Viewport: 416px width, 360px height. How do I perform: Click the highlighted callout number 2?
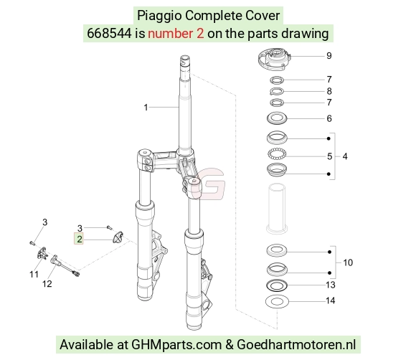(80, 240)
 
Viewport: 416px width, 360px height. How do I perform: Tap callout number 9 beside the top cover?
(329, 56)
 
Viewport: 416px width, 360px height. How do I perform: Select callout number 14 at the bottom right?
(331, 300)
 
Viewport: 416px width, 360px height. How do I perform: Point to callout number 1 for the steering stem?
(146, 108)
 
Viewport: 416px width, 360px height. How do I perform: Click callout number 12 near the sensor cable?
(47, 284)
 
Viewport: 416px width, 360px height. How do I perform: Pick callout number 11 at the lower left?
(34, 275)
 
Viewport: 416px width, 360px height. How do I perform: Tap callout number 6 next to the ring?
(329, 118)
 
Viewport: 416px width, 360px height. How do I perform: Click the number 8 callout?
(329, 91)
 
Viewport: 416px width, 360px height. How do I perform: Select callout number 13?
(331, 285)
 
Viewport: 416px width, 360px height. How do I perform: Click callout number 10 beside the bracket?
(348, 262)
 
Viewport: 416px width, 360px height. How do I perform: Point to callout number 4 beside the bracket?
(345, 156)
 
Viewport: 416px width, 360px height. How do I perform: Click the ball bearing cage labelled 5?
(277, 154)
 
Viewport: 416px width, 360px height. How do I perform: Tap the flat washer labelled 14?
(277, 302)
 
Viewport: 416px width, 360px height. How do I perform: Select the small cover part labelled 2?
(118, 237)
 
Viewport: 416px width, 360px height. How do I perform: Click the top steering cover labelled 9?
(274, 60)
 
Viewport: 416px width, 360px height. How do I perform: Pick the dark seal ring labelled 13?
(277, 285)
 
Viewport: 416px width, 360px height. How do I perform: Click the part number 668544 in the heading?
(109, 34)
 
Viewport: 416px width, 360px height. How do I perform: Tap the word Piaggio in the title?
(159, 16)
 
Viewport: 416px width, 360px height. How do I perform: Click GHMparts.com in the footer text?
(176, 345)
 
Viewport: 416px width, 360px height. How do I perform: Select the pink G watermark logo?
(209, 184)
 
